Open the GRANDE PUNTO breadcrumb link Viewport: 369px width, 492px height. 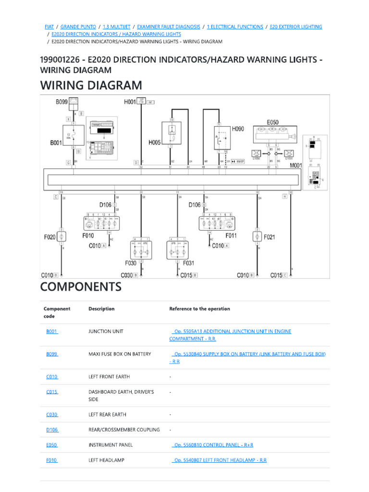coord(78,27)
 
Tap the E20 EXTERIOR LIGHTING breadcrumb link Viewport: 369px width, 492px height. coord(295,27)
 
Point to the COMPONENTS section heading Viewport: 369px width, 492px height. coord(81,287)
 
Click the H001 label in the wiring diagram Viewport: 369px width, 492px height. coord(130,102)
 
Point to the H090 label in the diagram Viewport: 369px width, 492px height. coord(238,129)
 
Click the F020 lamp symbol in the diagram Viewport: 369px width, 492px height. coord(61,236)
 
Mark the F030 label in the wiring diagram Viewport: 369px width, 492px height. coord(131,263)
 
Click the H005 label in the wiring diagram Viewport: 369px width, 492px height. coord(155,142)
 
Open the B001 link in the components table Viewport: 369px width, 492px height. coord(52,332)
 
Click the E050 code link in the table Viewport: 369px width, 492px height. coord(52,445)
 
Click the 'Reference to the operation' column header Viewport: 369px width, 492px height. coord(199,309)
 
